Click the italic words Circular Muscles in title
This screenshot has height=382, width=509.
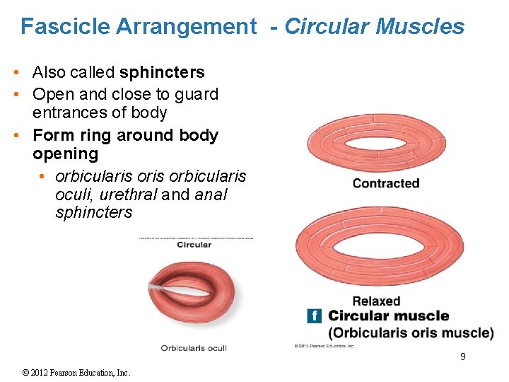pos(374,27)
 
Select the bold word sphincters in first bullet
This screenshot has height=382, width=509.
pos(162,72)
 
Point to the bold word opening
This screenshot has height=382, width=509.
pos(65,154)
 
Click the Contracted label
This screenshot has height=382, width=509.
pos(385,184)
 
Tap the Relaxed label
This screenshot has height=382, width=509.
pos(376,301)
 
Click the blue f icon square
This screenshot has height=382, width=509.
pos(314,316)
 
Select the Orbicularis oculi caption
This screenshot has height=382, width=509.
pos(193,348)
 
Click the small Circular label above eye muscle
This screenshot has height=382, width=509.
pos(194,245)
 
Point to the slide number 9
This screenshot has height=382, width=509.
pos(462,357)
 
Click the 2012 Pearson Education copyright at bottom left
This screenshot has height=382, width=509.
pos(76,373)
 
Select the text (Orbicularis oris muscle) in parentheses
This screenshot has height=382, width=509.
pos(410,333)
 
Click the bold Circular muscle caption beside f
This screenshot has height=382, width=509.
pos(388,316)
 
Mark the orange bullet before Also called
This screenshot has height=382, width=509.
pos(24,73)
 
